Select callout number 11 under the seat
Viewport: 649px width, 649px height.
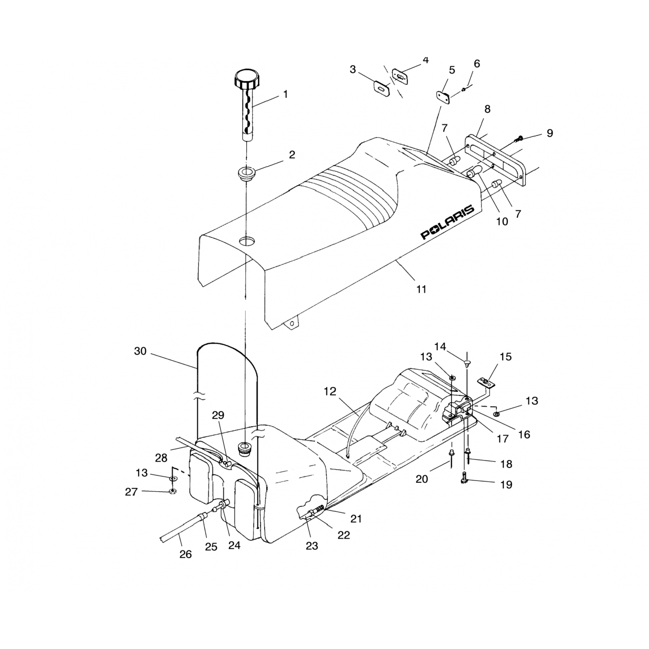(x=421, y=289)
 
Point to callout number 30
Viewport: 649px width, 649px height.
(x=140, y=351)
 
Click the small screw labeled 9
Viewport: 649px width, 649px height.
(x=518, y=138)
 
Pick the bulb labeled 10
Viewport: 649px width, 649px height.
(x=473, y=171)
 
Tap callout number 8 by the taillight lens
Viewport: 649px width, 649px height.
(x=488, y=109)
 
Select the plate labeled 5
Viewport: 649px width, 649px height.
(x=443, y=97)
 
